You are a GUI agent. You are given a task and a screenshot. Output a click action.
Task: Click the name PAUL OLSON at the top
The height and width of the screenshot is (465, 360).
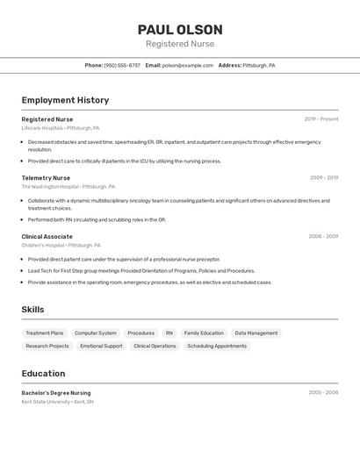[180, 29]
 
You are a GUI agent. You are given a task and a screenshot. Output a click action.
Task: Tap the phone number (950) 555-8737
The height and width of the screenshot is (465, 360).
[122, 66]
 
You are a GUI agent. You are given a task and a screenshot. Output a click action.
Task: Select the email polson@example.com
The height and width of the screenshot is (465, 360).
[188, 66]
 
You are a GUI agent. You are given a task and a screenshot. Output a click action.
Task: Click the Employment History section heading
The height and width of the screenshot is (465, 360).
[65, 100]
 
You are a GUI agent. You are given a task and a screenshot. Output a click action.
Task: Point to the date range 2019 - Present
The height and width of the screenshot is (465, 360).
[321, 119]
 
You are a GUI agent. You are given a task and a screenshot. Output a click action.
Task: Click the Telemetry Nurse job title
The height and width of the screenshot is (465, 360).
[46, 178]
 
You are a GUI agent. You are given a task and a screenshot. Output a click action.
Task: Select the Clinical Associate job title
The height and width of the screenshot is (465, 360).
[47, 237]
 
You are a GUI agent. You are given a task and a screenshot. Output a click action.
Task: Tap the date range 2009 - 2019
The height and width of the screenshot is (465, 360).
[324, 178]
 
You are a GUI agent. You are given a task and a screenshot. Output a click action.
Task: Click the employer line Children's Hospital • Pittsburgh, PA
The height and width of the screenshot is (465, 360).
[61, 246]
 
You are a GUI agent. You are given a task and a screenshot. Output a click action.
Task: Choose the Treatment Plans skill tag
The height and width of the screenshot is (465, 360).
[45, 333]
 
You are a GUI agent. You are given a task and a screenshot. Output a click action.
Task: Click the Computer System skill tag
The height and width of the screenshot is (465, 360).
[95, 333]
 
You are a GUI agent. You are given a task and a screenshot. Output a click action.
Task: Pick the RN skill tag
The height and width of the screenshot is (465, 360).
[169, 333]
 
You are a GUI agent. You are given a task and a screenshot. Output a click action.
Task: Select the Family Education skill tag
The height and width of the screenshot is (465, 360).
[204, 333]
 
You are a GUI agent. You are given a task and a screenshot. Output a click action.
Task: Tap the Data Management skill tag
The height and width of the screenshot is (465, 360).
[256, 333]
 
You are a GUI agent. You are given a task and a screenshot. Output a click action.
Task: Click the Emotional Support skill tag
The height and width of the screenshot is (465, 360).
[101, 347]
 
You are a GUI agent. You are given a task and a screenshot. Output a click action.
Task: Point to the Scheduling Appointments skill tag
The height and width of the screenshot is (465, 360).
[217, 347]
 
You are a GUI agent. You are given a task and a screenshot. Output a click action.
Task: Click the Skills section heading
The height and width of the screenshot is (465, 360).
[32, 310]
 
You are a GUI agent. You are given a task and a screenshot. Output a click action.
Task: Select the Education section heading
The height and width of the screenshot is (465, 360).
[43, 374]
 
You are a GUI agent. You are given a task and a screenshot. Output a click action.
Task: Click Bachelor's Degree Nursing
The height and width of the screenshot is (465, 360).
[56, 393]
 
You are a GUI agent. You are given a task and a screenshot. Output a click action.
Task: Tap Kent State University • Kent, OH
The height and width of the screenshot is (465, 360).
[58, 402]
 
